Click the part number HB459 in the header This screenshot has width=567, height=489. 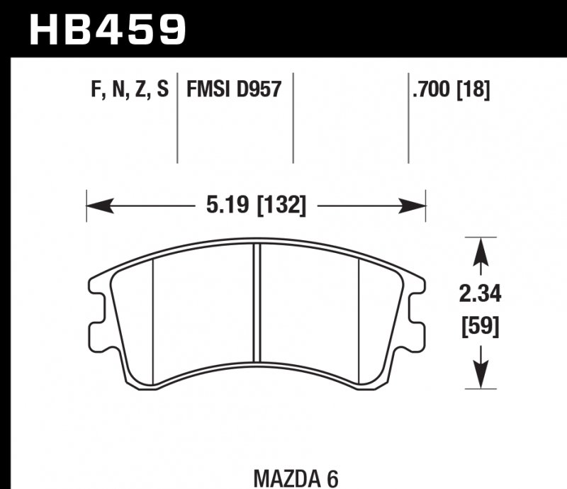tap(106, 28)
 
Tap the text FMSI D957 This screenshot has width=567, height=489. tap(234, 89)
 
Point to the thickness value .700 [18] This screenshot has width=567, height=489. tap(449, 89)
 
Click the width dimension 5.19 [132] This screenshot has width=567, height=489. tap(256, 206)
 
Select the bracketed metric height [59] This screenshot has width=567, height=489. tap(481, 327)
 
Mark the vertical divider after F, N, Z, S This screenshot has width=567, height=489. tap(177, 117)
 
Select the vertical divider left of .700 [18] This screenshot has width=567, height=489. tap(408, 117)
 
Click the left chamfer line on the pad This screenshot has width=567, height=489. tap(153, 319)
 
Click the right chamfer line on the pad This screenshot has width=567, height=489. tap(361, 319)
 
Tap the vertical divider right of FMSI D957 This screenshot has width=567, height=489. tap(293, 117)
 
